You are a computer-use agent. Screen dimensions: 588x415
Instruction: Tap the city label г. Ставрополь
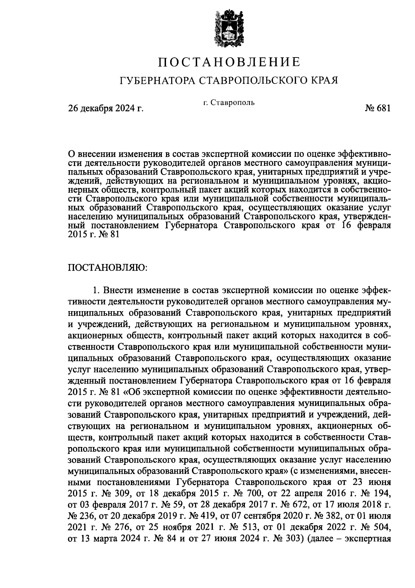[x=229, y=103]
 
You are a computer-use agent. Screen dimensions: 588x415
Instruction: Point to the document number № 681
[x=377, y=108]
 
